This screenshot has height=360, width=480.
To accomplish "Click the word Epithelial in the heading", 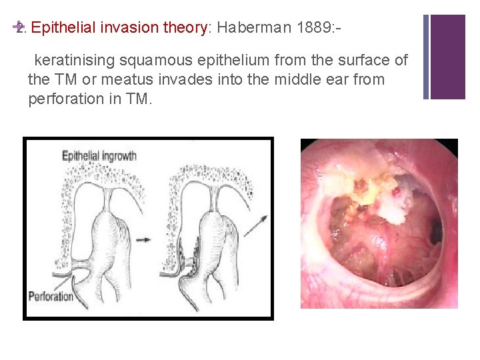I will tap(64, 28).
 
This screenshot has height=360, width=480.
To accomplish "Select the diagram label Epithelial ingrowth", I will tap(99, 156).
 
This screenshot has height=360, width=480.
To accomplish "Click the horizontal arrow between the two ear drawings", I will tap(143, 238).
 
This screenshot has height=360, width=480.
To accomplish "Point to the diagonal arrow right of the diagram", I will tap(256, 225).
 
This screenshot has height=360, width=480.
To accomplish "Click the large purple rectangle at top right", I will tap(448, 57).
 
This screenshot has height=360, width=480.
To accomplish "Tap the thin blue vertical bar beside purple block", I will tap(427, 57).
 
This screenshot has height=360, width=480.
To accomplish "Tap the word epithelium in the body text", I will tap(223, 61).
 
